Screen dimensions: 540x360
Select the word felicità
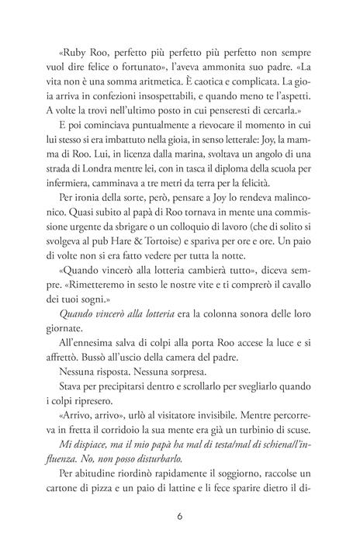[x=244, y=182]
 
